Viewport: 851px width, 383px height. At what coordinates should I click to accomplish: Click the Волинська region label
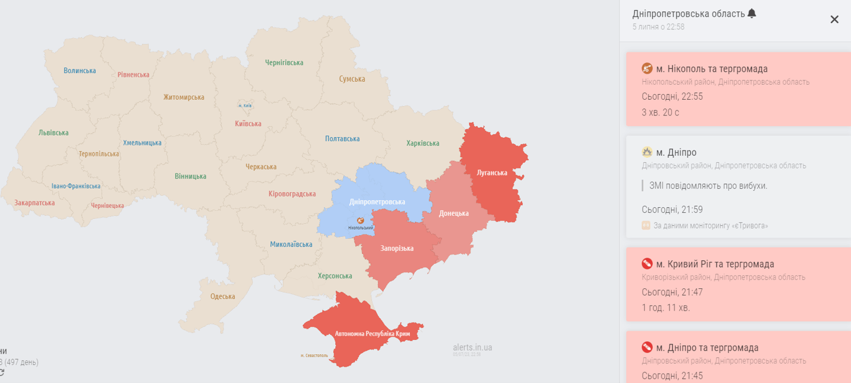[80, 70]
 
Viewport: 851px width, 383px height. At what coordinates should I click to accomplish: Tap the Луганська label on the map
[492, 173]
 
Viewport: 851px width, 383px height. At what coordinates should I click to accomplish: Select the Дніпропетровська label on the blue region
[377, 202]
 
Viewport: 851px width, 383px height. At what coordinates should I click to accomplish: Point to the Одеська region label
[222, 296]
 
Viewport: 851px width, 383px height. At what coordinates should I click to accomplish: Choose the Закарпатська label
[34, 203]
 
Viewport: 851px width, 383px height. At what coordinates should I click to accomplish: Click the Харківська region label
[422, 143]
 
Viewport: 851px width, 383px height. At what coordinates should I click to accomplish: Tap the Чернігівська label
[284, 63]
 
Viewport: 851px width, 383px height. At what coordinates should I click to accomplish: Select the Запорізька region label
[397, 248]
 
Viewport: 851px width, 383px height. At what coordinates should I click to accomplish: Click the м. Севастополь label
[314, 356]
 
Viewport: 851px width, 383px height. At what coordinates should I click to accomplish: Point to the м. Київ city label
[245, 105]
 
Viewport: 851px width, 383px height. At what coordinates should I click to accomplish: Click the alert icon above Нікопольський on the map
[360, 220]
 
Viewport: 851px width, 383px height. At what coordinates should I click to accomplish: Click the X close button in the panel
[834, 19]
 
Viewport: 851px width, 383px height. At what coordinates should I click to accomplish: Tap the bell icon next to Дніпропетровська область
[752, 13]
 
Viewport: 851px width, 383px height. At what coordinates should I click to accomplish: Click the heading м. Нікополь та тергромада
[711, 69]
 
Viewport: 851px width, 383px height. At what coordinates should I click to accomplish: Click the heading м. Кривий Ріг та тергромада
[715, 264]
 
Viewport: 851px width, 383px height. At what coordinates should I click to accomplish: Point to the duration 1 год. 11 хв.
[666, 308]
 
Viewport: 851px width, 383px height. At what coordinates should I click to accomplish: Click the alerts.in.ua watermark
[472, 347]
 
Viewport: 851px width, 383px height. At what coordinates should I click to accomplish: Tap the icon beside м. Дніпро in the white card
[647, 152]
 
